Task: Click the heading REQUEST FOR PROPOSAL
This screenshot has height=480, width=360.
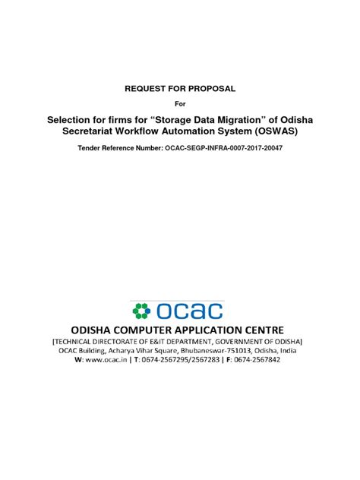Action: pyautogui.click(x=180, y=89)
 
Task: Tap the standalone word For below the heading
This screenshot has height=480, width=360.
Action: pyautogui.click(x=180, y=103)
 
